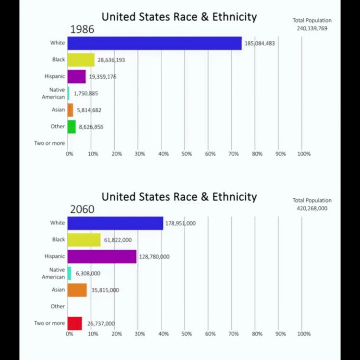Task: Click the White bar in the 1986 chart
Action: click(154, 43)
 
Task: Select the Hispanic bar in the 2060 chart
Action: click(102, 256)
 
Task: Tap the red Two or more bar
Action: click(74, 324)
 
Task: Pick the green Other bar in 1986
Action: click(72, 127)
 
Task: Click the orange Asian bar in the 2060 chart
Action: click(77, 290)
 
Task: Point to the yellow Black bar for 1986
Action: click(81, 60)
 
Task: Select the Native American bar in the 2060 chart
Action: click(69, 273)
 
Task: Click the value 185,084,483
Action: click(260, 43)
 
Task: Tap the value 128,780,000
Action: click(154, 257)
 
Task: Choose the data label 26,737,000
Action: click(101, 324)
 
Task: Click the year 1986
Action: click(82, 29)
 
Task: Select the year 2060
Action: click(82, 209)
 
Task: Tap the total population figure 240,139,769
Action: click(312, 28)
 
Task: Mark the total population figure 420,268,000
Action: click(312, 208)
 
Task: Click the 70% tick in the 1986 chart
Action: click(233, 154)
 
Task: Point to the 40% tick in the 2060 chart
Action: click(163, 334)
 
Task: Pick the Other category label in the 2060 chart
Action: click(58, 306)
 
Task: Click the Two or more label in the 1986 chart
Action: click(49, 143)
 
